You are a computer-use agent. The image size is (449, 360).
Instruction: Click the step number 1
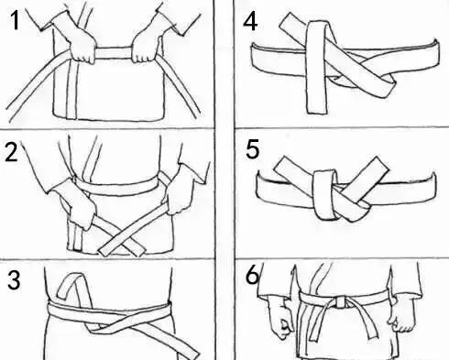14,21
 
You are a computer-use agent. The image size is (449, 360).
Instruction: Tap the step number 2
12,152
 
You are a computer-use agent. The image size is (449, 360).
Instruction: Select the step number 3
14,280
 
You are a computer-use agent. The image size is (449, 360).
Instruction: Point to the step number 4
250,22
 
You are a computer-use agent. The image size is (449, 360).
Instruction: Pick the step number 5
253,149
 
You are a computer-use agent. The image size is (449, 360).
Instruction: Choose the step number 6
252,275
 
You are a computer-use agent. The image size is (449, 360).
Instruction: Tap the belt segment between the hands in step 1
113,53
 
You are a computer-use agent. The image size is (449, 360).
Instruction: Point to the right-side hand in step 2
181,190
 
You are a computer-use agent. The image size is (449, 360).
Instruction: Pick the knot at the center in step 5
325,195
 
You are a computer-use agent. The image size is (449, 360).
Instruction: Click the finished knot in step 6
339,301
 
